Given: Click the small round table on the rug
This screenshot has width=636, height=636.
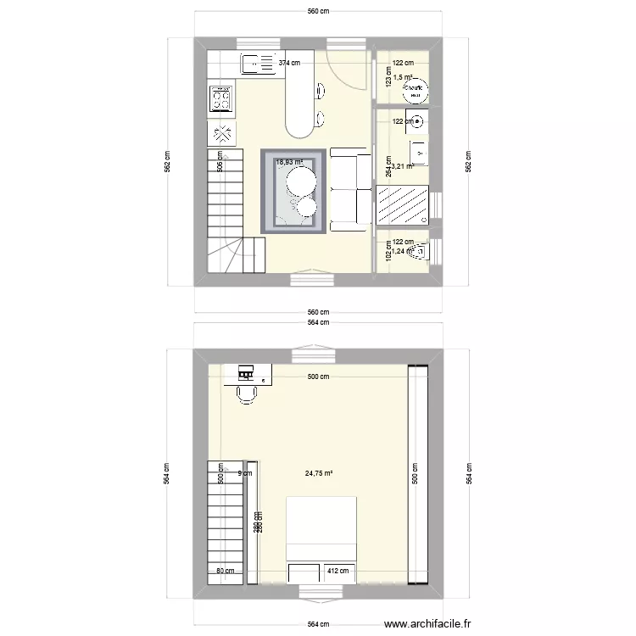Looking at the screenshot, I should point(304,205).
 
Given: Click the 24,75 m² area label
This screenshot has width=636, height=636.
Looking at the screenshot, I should point(318,474).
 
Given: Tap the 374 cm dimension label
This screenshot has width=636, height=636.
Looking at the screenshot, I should point(289,63).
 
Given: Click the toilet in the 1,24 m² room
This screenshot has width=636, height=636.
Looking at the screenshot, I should point(419,252).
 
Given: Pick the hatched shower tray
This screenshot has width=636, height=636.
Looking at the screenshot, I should point(404,206).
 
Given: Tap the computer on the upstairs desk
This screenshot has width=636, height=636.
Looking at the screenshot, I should point(247,373).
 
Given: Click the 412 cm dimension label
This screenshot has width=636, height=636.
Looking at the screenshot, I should point(338,572).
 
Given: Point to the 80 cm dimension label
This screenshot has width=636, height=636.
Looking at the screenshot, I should point(225,572).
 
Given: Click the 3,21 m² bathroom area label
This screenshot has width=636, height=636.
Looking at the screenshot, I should point(401,166).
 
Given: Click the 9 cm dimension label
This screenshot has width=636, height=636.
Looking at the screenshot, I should point(244,474).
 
